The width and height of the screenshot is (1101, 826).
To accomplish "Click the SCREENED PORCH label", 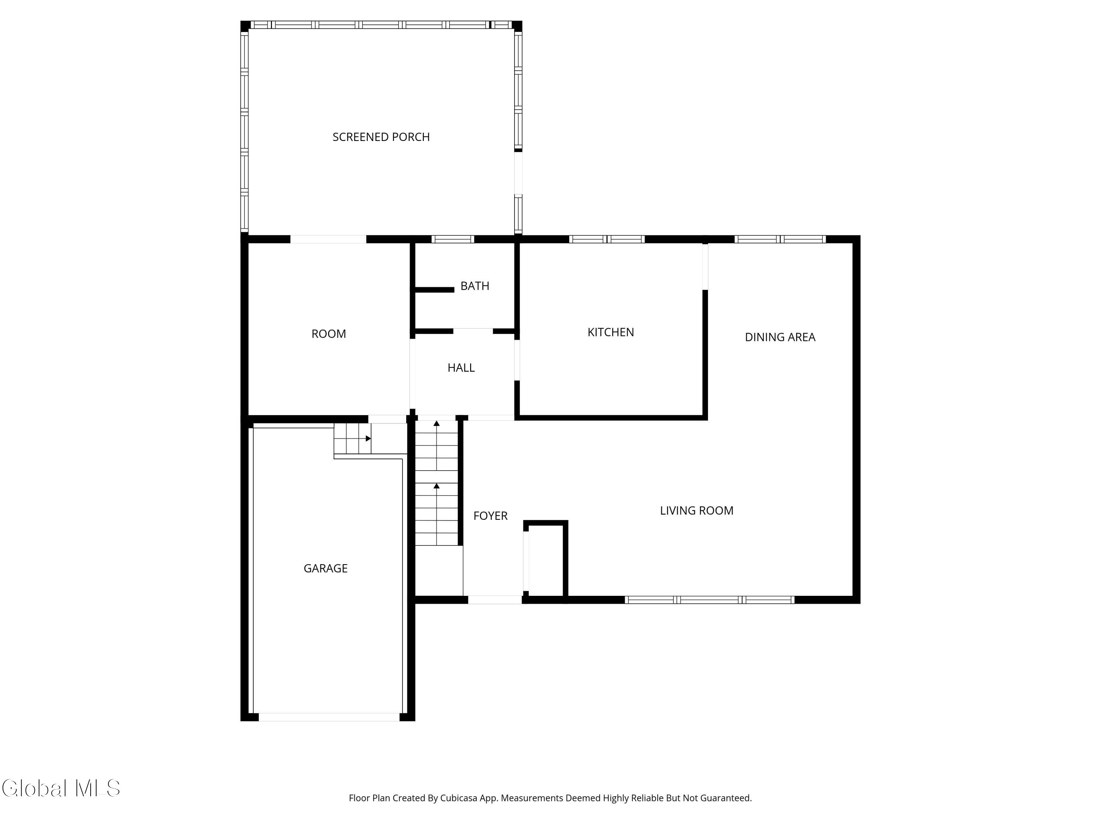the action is click(381, 137).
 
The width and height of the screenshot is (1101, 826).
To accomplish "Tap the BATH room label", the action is click(475, 286).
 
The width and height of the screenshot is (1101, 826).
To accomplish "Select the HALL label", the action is click(461, 367).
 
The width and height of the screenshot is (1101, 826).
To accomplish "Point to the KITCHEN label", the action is click(611, 332).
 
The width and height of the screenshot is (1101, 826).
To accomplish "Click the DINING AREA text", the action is click(780, 337).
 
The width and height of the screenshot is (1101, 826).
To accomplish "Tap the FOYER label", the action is click(490, 516).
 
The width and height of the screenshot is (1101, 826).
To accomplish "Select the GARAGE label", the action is click(326, 568).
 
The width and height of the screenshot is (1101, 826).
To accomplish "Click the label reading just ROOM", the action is click(328, 334).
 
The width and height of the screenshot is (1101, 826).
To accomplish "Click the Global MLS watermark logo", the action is click(61, 788).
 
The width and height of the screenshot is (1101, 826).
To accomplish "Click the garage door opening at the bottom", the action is click(328, 717).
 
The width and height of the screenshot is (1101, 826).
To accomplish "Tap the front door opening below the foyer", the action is click(495, 600).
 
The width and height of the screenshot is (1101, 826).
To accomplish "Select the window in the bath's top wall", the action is click(453, 239).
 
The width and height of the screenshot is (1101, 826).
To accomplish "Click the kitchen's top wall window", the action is click(607, 239).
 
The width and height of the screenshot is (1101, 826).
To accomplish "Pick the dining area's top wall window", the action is click(780, 239).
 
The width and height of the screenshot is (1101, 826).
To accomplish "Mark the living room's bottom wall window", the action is click(710, 600).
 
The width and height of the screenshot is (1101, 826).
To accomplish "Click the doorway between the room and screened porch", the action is click(328, 239).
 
